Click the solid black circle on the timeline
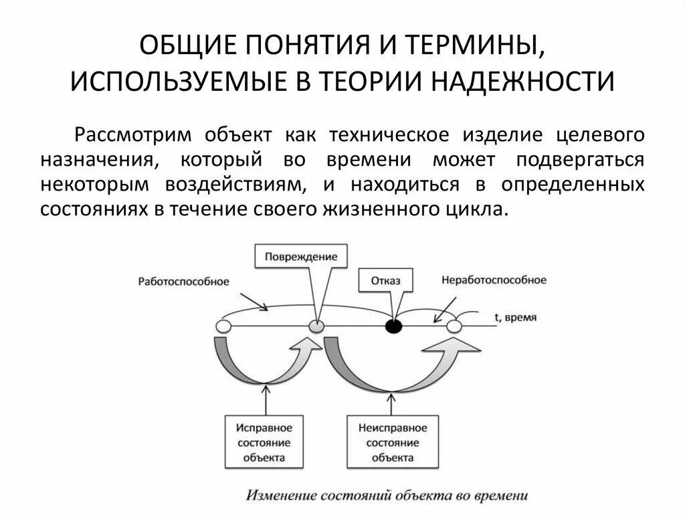pyautogui.click(x=394, y=326)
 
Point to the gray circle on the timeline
pyautogui.click(x=317, y=326)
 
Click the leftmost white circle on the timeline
pyautogui.click(x=223, y=326)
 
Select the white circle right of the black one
pyautogui.click(x=454, y=326)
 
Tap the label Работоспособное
pyautogui.click(x=183, y=282)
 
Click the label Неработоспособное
pyautogui.click(x=494, y=280)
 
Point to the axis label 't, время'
pyautogui.click(x=516, y=318)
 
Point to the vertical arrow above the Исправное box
pyautogui.click(x=266, y=401)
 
